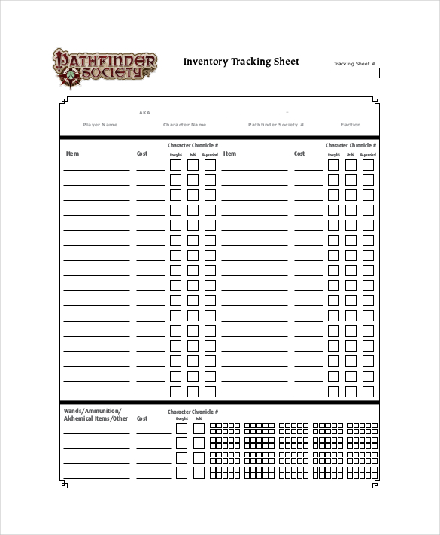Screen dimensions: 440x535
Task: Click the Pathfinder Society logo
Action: point(104,65)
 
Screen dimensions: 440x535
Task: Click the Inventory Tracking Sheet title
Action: point(241,62)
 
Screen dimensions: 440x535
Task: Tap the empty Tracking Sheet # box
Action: point(354,74)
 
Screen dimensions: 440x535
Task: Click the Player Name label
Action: point(100,125)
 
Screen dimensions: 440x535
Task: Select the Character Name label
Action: point(184,125)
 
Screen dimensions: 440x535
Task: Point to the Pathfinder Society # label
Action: point(276,125)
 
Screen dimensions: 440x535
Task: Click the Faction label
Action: point(350,125)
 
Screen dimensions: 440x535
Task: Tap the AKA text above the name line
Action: point(144,113)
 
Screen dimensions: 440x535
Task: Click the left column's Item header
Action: point(72,154)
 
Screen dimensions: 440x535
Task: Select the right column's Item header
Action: point(229,154)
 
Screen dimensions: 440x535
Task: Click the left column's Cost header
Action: point(142,154)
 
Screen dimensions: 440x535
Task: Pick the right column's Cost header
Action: point(299,154)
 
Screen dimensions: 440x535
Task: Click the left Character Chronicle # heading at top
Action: point(193,145)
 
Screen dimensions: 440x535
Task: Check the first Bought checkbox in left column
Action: point(175,164)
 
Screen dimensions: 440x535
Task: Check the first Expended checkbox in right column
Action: point(368,164)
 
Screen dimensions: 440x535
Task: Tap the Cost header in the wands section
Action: point(142,419)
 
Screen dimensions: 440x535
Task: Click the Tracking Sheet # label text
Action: point(354,64)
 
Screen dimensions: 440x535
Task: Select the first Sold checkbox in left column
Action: point(193,164)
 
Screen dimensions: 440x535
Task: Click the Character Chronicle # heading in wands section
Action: point(193,412)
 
